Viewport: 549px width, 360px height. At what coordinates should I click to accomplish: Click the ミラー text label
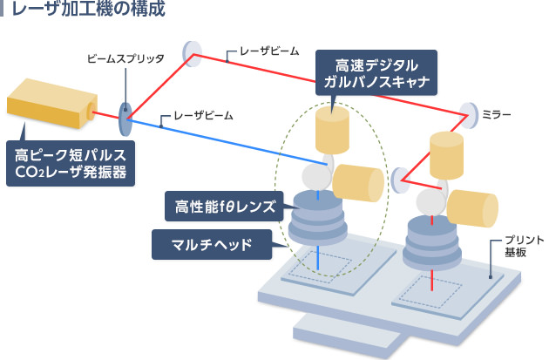(x=497, y=114)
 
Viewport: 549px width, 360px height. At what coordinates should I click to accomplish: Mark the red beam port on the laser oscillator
(x=91, y=109)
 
